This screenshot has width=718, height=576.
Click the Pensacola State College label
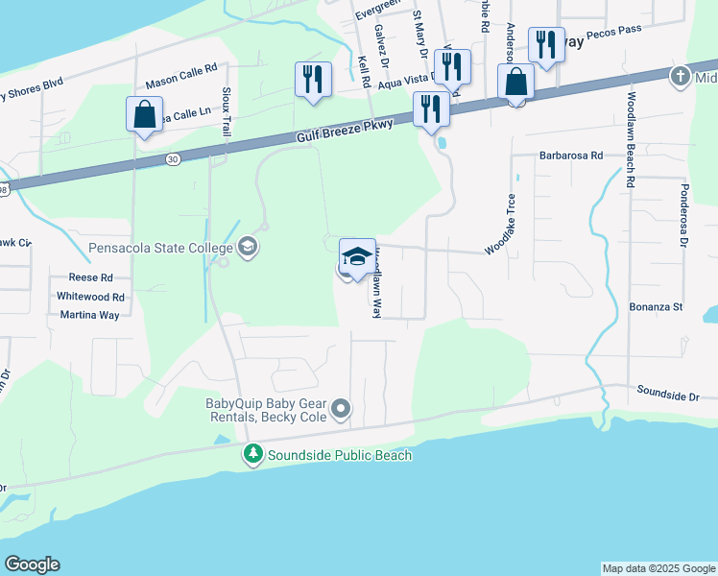point(160,248)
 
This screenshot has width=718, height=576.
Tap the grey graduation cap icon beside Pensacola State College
point(248,248)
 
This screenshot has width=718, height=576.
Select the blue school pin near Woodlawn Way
point(357,257)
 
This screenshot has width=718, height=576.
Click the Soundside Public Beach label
point(340,455)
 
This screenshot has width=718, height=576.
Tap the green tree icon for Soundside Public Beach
point(252,455)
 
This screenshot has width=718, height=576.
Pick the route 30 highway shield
point(172,157)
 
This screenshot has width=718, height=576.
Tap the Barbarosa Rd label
point(570,155)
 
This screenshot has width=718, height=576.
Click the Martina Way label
point(89,314)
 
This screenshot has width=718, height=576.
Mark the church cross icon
point(680,75)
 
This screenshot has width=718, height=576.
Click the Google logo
point(32,564)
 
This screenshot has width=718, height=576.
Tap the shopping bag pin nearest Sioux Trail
point(144,115)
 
